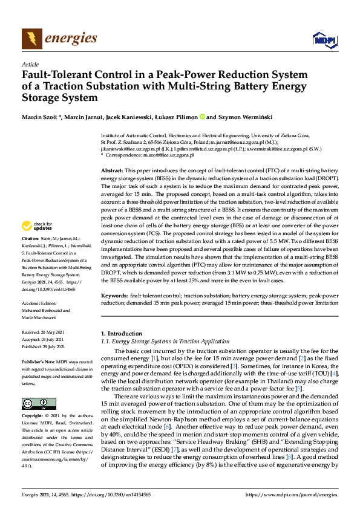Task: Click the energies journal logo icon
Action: tap(32, 39)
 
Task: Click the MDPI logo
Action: tap(321, 40)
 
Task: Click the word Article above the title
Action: tap(30, 64)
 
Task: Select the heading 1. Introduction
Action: tap(121, 333)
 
